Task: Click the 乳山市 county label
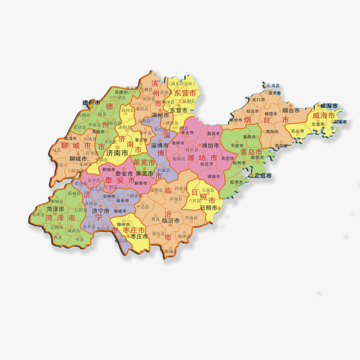(296, 131)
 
